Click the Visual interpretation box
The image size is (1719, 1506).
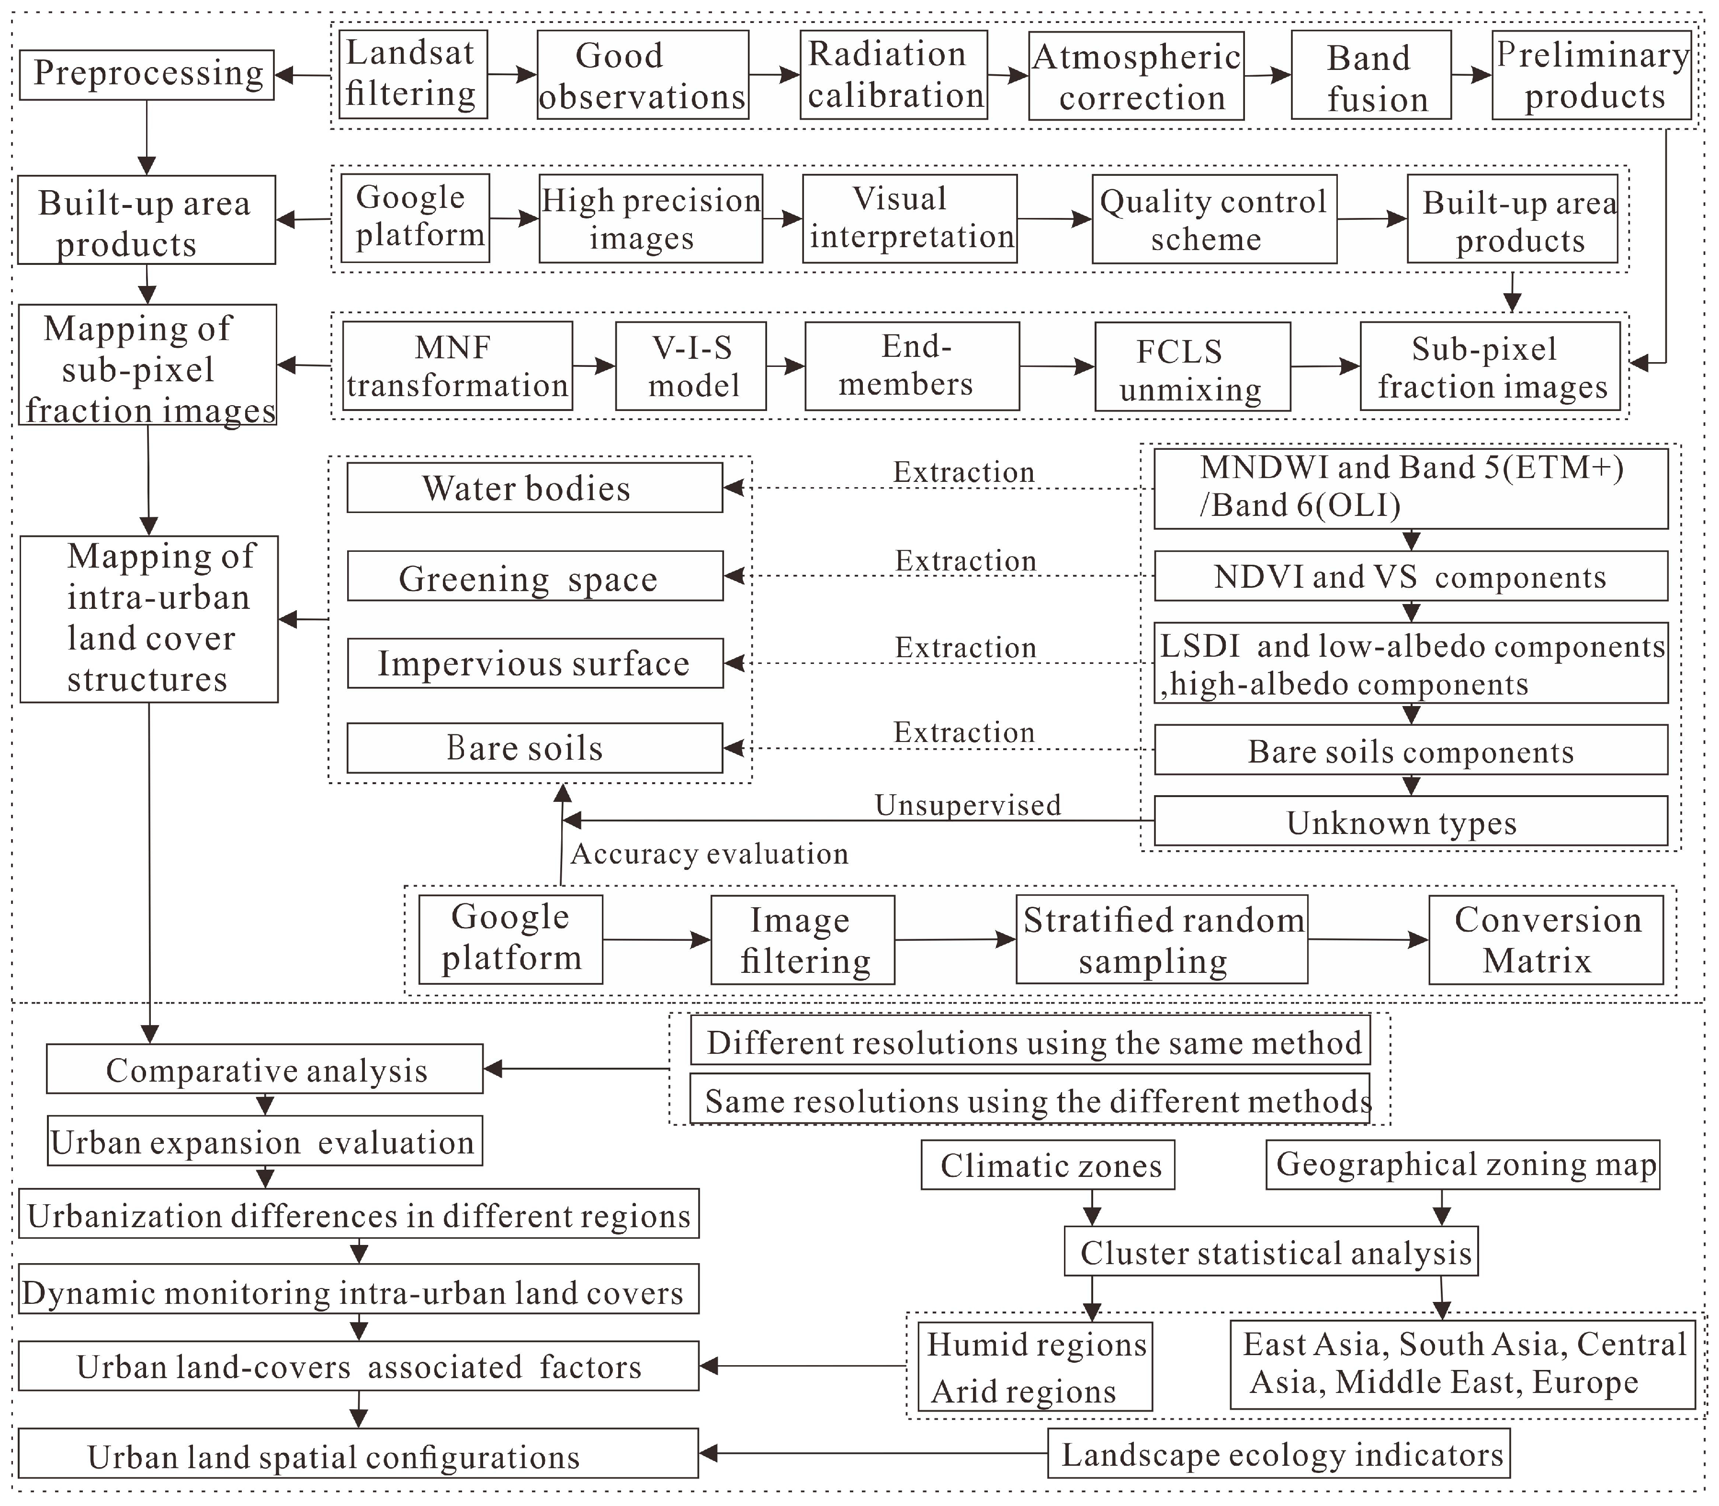(x=909, y=218)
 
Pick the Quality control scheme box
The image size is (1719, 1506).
(x=1213, y=219)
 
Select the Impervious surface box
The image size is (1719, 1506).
(x=535, y=663)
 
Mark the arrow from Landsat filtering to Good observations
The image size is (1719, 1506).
(x=512, y=75)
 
